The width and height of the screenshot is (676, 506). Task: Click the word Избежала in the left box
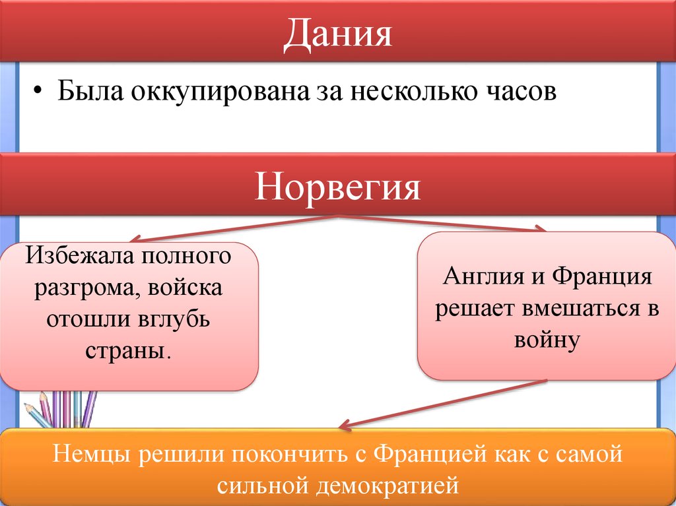80,255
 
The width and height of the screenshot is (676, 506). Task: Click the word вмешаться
575,309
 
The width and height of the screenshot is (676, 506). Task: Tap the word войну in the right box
545,340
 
